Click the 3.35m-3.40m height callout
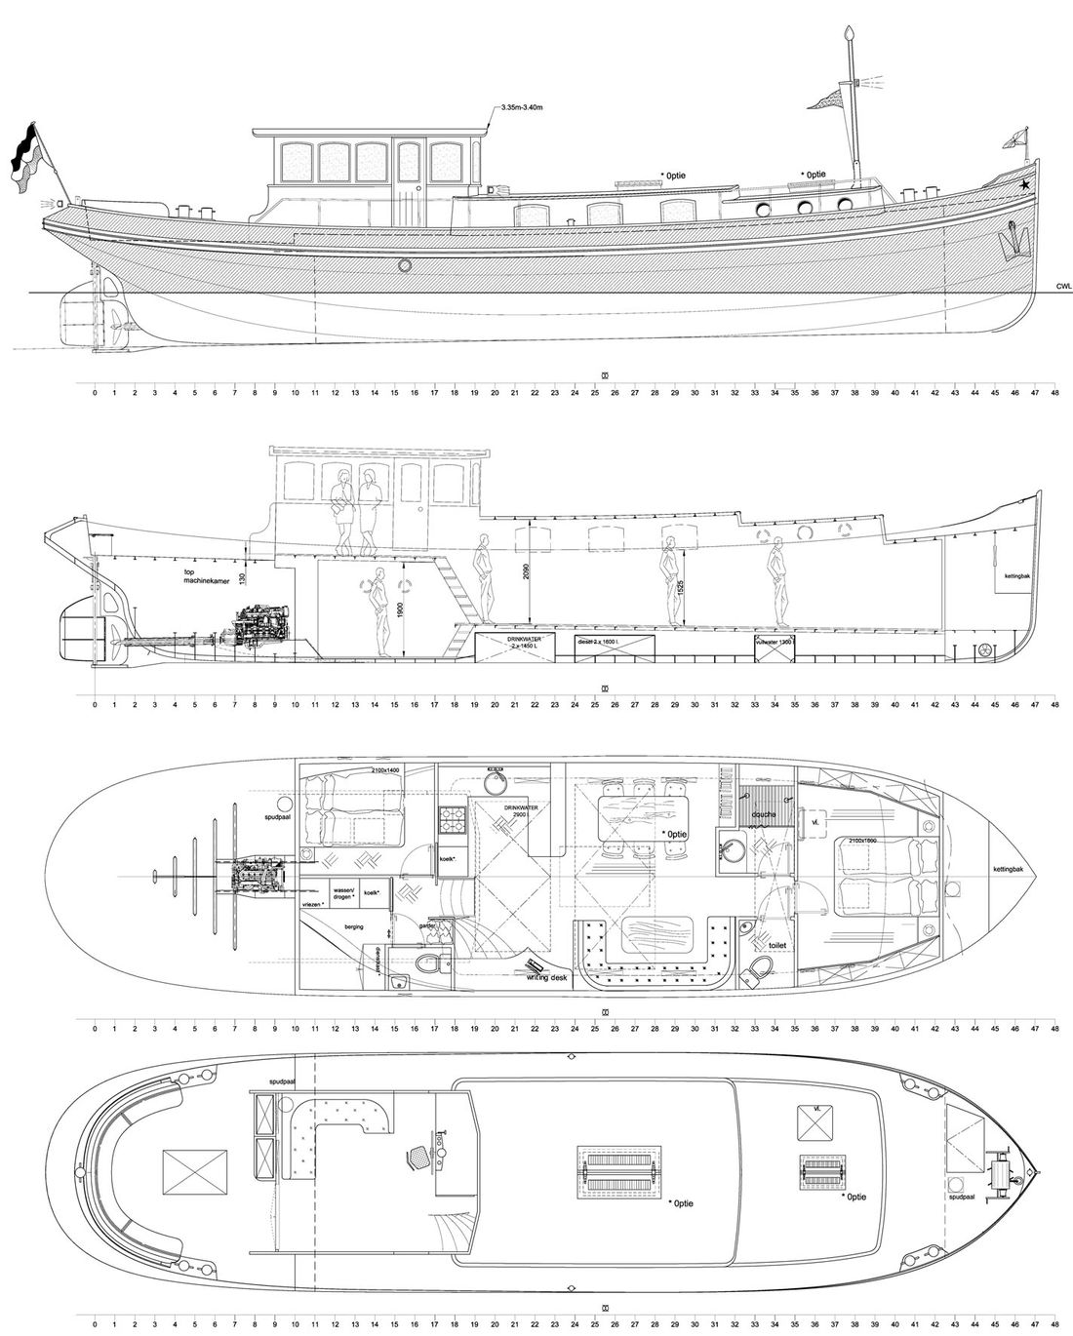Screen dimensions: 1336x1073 tap(522, 106)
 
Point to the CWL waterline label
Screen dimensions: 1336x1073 tap(1063, 287)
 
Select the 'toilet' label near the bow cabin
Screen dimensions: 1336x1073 tap(776, 945)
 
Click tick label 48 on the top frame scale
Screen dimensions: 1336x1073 tap(1055, 393)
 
